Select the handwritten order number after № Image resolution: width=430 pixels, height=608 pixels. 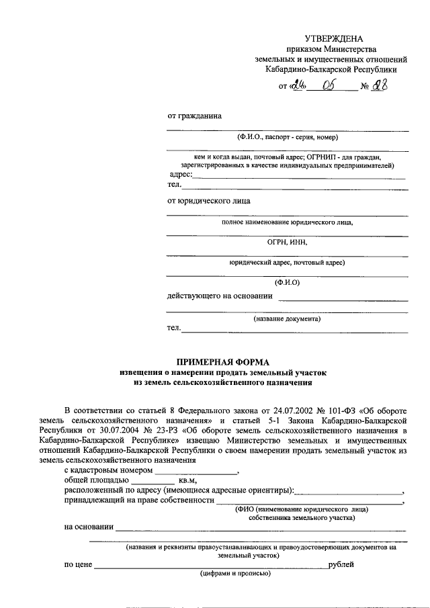pos(380,86)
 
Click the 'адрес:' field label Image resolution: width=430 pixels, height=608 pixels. pos(180,175)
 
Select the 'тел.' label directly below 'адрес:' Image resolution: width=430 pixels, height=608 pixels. pos(174,185)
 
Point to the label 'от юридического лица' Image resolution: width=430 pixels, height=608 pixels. pos(209,200)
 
